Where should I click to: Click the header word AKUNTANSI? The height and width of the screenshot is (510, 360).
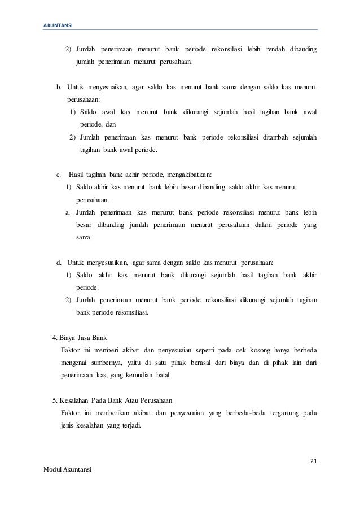pos(58,25)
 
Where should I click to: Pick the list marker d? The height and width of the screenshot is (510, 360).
pos(59,263)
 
